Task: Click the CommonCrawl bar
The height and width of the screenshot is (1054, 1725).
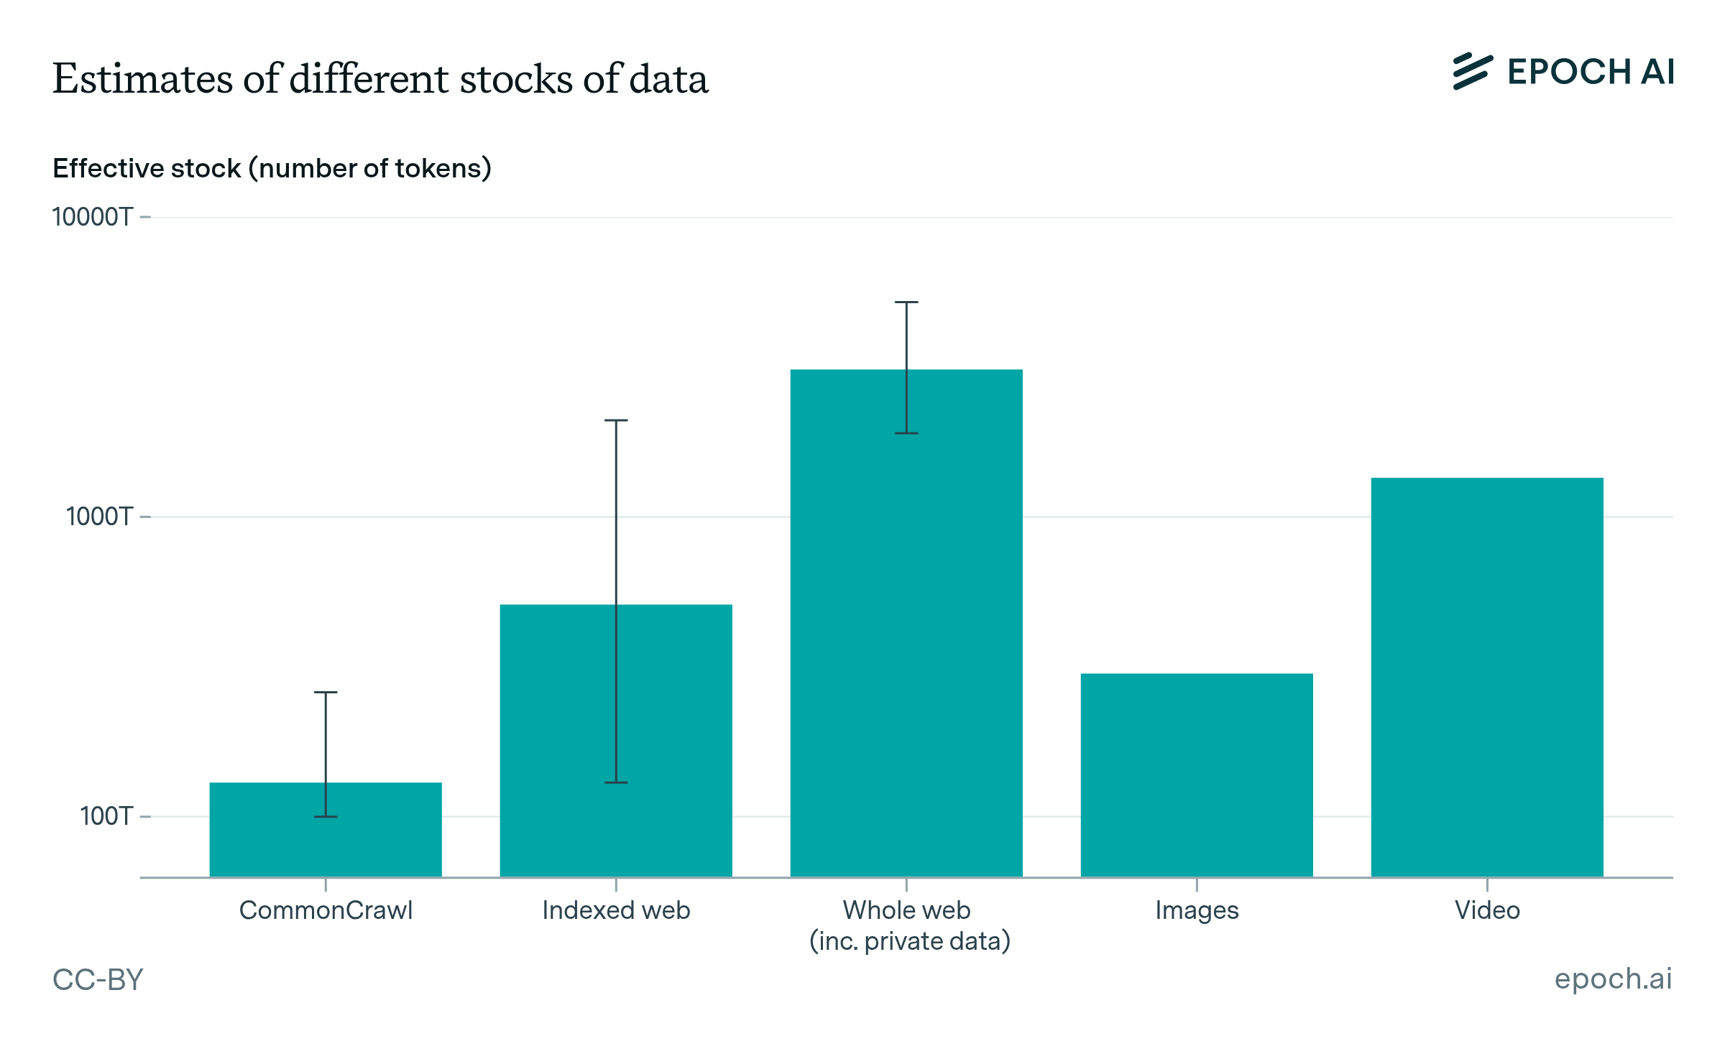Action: point(326,830)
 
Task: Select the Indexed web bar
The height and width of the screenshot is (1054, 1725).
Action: point(616,741)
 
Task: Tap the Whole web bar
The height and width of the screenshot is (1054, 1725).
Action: point(906,623)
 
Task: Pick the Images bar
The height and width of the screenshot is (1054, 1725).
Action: point(1197,775)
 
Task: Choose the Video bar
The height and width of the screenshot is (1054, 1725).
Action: point(1487,678)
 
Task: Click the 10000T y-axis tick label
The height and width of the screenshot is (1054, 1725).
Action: point(93,217)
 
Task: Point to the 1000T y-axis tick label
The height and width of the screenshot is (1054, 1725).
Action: point(100,517)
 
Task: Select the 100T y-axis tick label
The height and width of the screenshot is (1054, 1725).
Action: point(107,816)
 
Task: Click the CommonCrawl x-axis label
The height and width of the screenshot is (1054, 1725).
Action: point(326,910)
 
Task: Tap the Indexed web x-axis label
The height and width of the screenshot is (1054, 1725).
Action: point(616,910)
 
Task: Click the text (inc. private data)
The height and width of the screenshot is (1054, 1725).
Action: point(910,941)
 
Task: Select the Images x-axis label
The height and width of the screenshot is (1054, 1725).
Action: point(1197,911)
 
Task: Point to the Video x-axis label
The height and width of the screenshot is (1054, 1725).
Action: point(1487,910)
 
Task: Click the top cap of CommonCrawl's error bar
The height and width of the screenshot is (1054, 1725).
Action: point(326,692)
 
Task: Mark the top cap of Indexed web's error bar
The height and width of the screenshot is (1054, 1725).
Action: point(616,420)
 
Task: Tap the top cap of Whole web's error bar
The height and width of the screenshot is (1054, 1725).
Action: point(906,302)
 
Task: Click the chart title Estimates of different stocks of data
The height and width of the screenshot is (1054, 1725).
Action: point(380,78)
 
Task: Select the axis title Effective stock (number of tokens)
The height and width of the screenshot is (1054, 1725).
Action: point(272,168)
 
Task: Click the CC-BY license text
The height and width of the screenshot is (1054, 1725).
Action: point(98,979)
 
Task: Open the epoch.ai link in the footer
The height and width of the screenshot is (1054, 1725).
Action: point(1613,979)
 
